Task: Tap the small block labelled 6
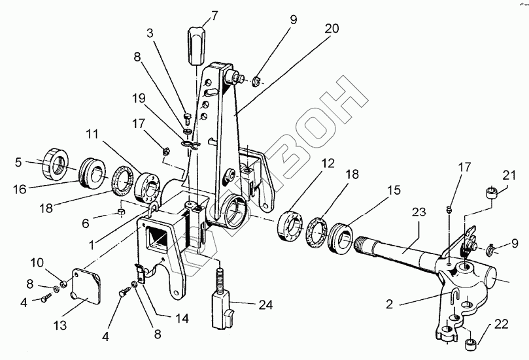tap(122, 213)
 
